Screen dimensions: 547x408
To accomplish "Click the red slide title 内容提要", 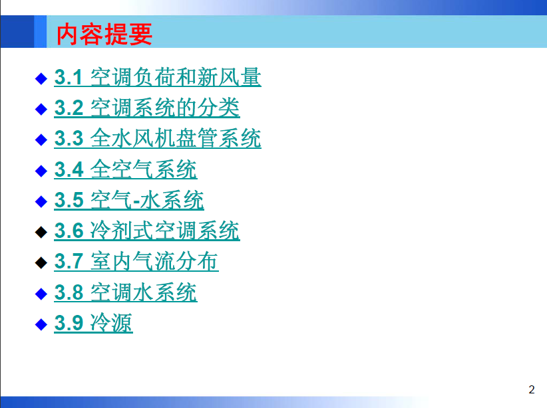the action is coord(104,34).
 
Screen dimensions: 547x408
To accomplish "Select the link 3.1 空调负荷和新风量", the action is coord(158,77).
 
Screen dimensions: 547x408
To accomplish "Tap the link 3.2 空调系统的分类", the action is coord(147,108).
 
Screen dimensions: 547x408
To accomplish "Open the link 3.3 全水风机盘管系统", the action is coord(158,138).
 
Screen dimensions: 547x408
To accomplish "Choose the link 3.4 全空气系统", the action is coord(126,169).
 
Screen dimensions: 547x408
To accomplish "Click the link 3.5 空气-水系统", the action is coord(129,200).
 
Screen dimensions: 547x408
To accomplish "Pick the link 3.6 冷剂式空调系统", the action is coord(147,231).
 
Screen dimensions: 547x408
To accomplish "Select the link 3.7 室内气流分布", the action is coord(136,261).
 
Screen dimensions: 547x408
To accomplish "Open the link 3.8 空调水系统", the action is coord(126,292).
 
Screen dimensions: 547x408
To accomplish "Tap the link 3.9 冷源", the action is coord(93,323).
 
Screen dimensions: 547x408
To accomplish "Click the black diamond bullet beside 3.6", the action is coord(41,232).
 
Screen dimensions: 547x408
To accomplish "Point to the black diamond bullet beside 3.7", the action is coord(41,262).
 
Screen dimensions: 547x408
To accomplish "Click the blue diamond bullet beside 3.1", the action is coord(41,78).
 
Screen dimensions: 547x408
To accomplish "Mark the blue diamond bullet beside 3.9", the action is coord(41,324).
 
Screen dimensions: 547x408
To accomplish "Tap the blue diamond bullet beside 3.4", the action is coord(41,171).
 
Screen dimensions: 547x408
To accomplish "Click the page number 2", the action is coord(531,389).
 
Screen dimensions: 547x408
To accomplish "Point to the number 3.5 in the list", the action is coord(69,200).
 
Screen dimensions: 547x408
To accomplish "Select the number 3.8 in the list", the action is coord(69,292).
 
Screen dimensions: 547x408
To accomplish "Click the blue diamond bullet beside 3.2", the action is coord(41,109).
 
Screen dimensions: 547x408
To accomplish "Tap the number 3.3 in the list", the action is coord(69,139).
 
